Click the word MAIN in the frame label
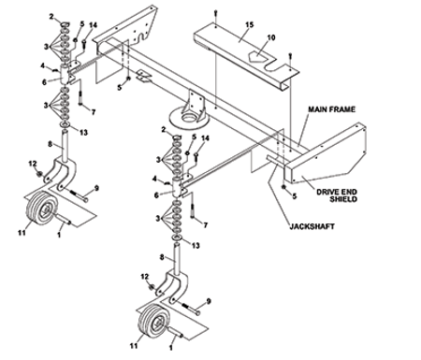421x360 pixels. (x=319, y=109)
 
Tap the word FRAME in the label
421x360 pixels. (x=343, y=109)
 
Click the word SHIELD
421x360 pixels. (x=343, y=199)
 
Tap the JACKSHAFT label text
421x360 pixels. (x=312, y=226)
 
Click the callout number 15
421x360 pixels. (x=250, y=24)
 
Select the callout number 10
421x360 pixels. (x=271, y=37)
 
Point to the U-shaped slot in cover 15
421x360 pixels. (x=272, y=68)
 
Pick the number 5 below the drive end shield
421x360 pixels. (x=295, y=196)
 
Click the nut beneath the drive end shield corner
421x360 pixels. (x=284, y=187)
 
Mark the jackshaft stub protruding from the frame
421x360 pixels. (x=275, y=159)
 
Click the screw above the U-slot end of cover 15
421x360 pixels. (x=290, y=56)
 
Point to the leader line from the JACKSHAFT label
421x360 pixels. (x=281, y=193)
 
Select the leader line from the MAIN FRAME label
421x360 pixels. (x=303, y=129)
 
